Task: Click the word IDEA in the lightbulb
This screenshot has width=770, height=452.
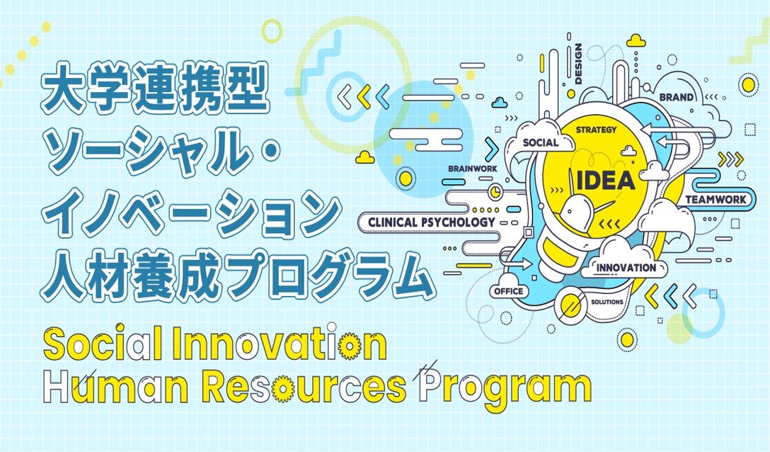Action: [x=606, y=181]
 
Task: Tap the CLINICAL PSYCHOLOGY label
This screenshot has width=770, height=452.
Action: [x=432, y=222]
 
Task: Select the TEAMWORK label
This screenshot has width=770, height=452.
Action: [x=716, y=200]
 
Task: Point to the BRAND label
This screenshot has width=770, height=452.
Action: [x=676, y=97]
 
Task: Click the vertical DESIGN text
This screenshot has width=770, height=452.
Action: [x=578, y=64]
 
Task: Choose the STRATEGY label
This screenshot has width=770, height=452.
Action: [x=596, y=130]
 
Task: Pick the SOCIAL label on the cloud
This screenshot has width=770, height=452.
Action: [x=541, y=143]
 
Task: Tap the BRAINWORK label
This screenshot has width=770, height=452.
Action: [x=473, y=169]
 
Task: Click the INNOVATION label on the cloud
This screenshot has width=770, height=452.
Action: [x=626, y=268]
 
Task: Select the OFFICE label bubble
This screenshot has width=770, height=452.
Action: [x=509, y=291]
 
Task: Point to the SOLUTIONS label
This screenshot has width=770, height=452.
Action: [x=607, y=302]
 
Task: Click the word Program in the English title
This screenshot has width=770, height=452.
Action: [x=506, y=387]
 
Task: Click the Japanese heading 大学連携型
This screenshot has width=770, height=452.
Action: [x=155, y=88]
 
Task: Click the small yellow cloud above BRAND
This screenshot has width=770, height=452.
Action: [x=636, y=40]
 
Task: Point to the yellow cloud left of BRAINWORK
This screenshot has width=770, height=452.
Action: [x=365, y=157]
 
